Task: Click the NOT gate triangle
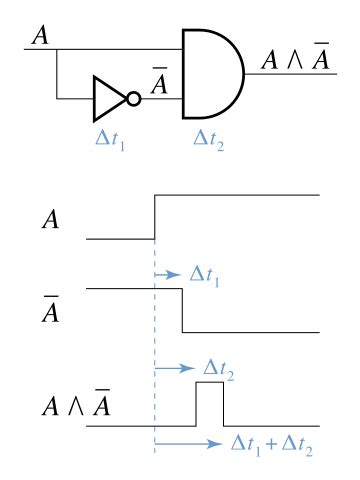(105, 99)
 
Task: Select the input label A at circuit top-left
(40, 36)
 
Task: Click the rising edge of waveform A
(155, 217)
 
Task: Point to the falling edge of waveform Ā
(181, 311)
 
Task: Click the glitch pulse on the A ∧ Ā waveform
(209, 405)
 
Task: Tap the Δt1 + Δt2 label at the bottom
(272, 446)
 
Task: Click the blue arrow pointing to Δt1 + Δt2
(189, 444)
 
